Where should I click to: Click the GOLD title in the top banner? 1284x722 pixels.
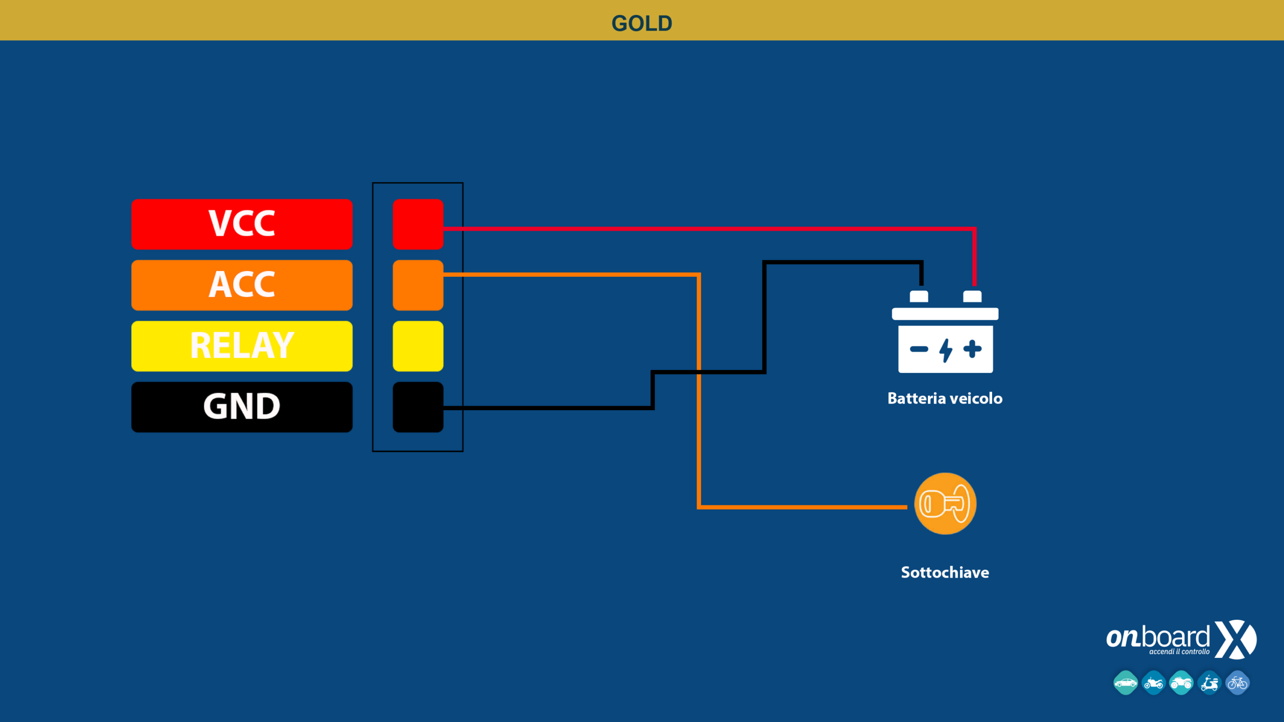641,24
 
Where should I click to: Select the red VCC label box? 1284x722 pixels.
242,224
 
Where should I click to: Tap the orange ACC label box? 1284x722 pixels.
242,285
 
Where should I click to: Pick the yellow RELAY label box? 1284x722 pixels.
242,346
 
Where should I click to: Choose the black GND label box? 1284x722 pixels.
242,407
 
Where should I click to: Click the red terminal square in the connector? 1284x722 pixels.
418,224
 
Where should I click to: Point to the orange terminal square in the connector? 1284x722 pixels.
418,285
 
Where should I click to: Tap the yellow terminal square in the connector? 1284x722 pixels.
418,346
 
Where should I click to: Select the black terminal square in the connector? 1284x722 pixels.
418,407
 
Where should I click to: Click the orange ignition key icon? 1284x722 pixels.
945,503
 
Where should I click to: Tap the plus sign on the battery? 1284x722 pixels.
972,349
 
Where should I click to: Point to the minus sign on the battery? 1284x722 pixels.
919,349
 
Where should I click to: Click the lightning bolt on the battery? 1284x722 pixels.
945,350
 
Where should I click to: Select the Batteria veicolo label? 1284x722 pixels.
945,398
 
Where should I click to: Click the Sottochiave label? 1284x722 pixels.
945,572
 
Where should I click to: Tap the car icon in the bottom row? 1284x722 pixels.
1126,683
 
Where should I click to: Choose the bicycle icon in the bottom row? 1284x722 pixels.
1237,683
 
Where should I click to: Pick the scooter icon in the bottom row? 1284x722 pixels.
1209,683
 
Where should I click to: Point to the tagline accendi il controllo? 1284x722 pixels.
1179,652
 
